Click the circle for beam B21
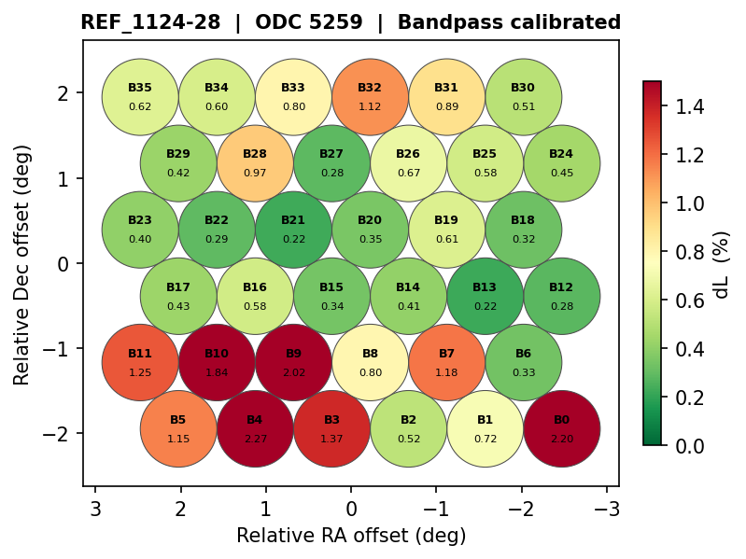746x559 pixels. (x=293, y=230)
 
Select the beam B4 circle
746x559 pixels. (x=255, y=429)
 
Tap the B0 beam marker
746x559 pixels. (x=561, y=429)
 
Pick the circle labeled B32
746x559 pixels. (x=370, y=97)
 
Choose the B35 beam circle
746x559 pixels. (x=140, y=97)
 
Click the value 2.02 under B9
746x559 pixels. (x=293, y=372)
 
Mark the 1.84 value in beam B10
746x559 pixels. (x=217, y=372)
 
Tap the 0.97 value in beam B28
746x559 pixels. (x=255, y=173)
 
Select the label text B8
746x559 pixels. (x=370, y=354)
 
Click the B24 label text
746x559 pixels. (x=561, y=154)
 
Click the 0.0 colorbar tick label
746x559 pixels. (x=689, y=446)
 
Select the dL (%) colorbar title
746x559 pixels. (x=722, y=264)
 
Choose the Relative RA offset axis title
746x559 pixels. (x=351, y=536)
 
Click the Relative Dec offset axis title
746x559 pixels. (x=22, y=264)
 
